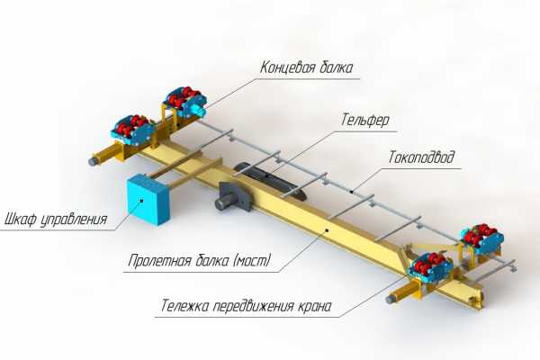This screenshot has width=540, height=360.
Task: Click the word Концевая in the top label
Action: (286, 67)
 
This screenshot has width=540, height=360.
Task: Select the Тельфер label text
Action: (364, 118)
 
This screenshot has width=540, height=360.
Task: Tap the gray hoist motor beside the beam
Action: (229, 196)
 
